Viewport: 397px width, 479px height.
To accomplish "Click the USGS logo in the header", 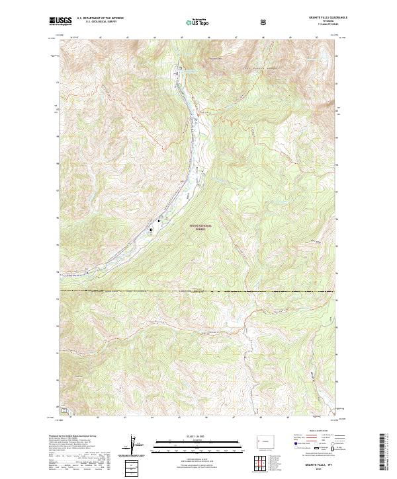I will pyautogui.click(x=60, y=21).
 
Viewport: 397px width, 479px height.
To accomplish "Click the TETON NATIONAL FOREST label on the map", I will pyautogui.click(x=202, y=227).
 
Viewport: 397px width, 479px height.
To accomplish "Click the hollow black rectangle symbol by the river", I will pyautogui.click(x=150, y=230).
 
